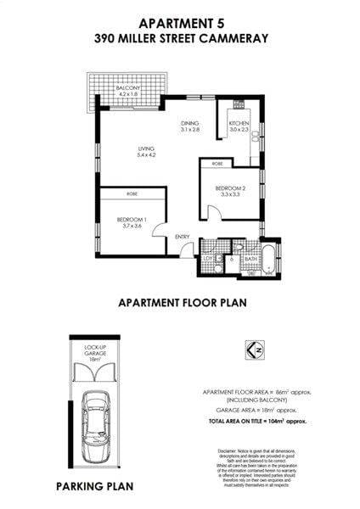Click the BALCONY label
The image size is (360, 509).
pyautogui.click(x=128, y=88)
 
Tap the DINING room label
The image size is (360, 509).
pyautogui.click(x=189, y=124)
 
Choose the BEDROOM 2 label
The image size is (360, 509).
pyautogui.click(x=230, y=187)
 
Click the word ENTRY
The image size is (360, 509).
pyautogui.click(x=183, y=237)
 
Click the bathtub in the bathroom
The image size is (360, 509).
pyautogui.click(x=268, y=258)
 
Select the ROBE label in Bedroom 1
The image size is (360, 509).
pyautogui.click(x=132, y=193)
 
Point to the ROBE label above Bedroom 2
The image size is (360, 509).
pyautogui.click(x=217, y=162)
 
